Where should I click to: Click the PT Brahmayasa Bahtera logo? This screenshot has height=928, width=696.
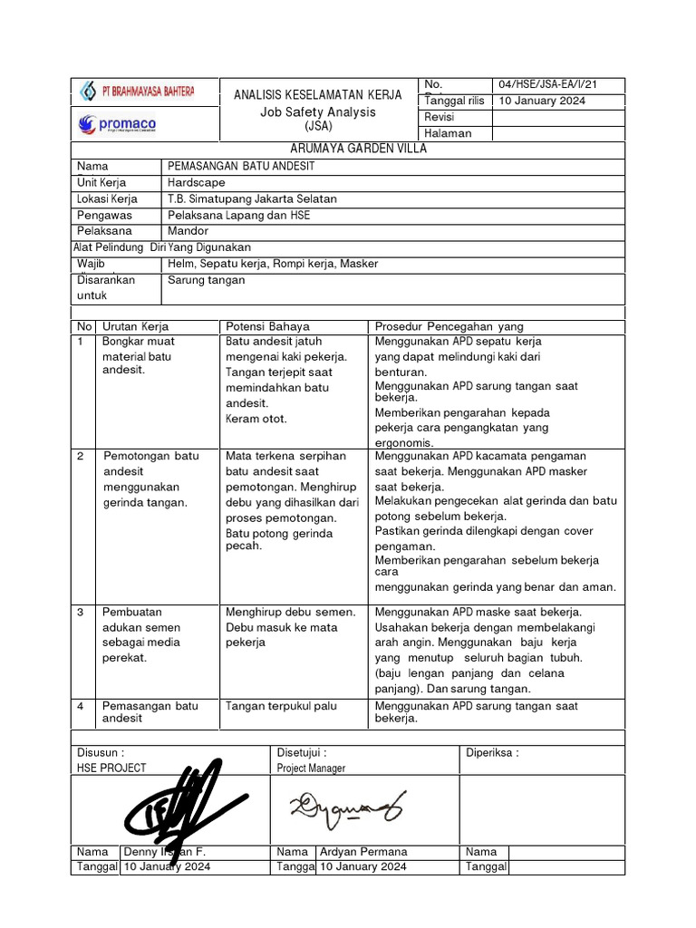pos(138,92)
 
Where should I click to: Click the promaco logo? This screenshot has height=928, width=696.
pos(117,123)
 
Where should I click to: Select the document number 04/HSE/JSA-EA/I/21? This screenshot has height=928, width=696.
pos(547,84)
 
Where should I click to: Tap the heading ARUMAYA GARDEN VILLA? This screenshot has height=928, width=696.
pos(348,149)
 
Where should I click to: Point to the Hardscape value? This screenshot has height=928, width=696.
pos(197,182)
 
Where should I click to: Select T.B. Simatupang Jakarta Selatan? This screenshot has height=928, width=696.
pos(253,198)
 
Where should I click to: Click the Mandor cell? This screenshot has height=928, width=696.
pos(188,231)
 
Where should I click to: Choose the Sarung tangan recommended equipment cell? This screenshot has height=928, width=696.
pos(207,280)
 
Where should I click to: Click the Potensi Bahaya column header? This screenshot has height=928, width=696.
pos(267,326)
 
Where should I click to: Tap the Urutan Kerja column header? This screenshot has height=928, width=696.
pos(135,326)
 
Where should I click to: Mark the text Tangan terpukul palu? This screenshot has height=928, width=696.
pos(275,706)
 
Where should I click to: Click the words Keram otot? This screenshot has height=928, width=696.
pos(256,419)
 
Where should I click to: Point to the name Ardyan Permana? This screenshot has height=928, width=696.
pos(363,852)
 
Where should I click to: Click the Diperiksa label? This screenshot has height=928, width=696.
pos(492,752)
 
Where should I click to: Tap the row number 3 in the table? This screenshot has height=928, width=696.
pos(81,612)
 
